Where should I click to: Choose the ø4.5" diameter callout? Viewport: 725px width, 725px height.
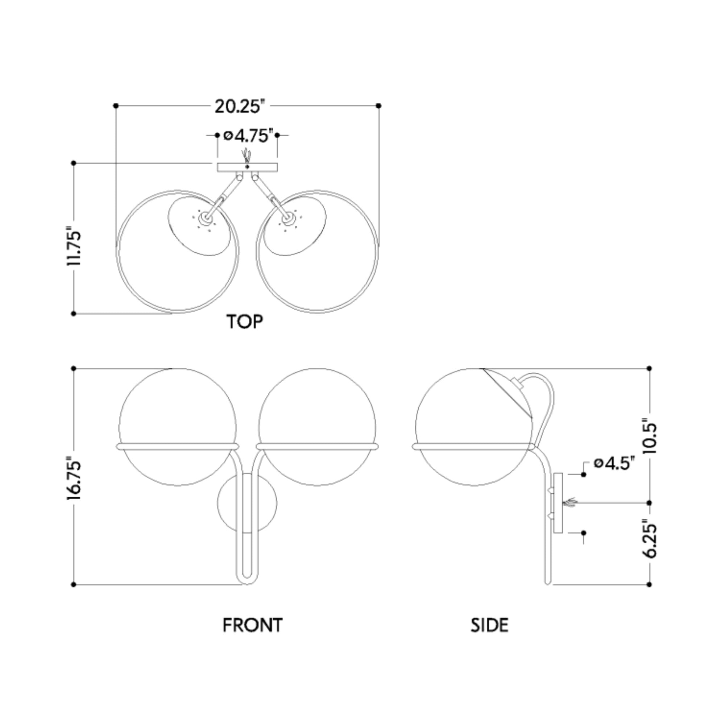pos(614,463)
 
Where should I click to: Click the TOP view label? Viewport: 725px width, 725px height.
pos(245,322)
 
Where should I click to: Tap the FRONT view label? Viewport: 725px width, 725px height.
pos(252,625)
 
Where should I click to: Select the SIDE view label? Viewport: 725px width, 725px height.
pos(489,625)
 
